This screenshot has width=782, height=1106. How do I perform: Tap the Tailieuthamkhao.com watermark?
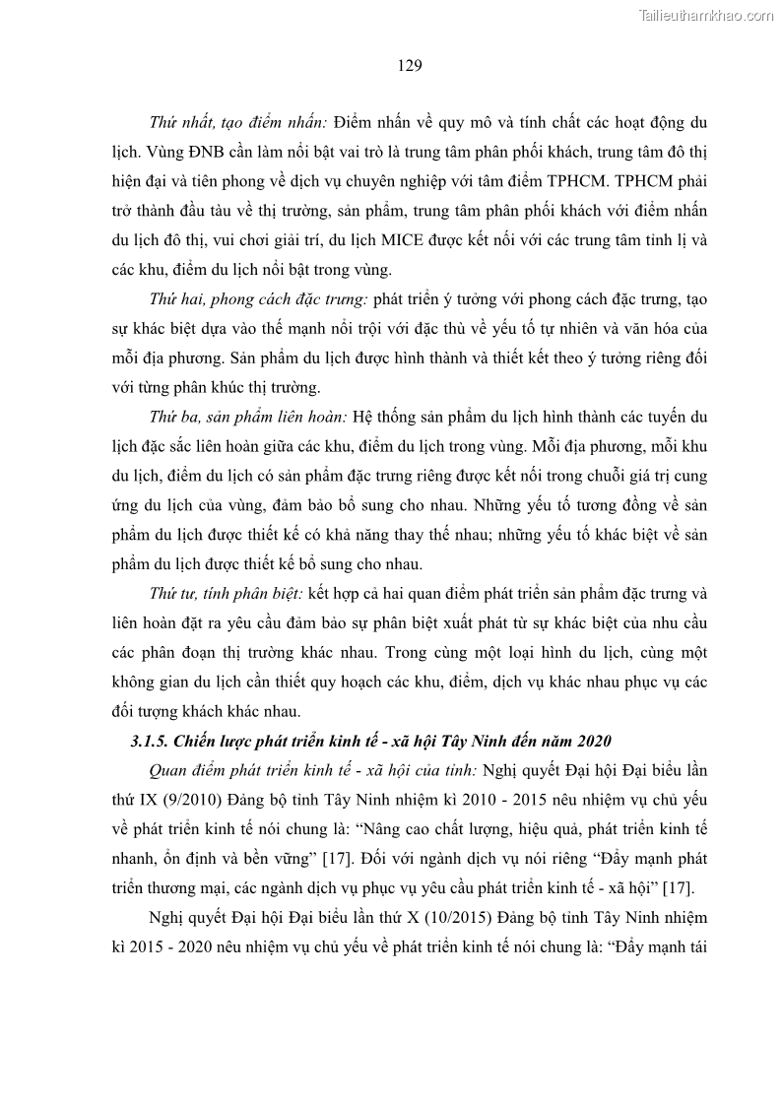[706, 15]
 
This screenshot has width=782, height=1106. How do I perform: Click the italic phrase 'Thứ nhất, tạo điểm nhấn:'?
[237, 124]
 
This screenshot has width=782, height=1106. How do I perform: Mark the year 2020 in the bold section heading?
[594, 741]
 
